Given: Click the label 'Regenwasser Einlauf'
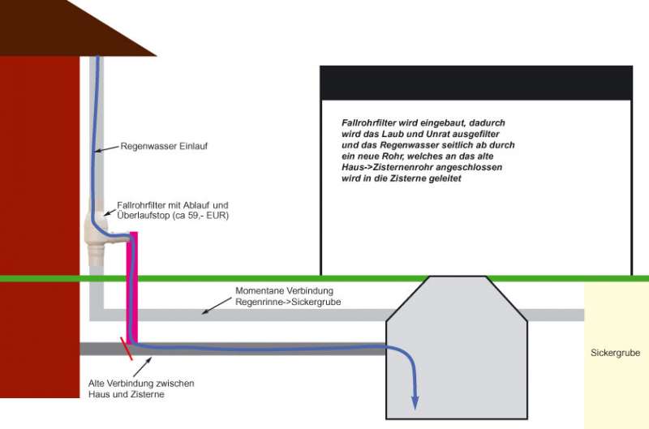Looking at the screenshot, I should [x=159, y=148].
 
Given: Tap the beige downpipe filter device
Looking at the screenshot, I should [x=96, y=231].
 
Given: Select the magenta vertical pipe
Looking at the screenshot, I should [x=133, y=284].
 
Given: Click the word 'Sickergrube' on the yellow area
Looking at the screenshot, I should [x=616, y=354].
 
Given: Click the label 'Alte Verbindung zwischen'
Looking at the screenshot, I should [x=141, y=383].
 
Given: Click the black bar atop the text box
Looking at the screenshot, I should [x=475, y=82].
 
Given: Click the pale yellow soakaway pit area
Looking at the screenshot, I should [x=616, y=381].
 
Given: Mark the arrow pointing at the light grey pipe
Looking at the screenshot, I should [x=214, y=306].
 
